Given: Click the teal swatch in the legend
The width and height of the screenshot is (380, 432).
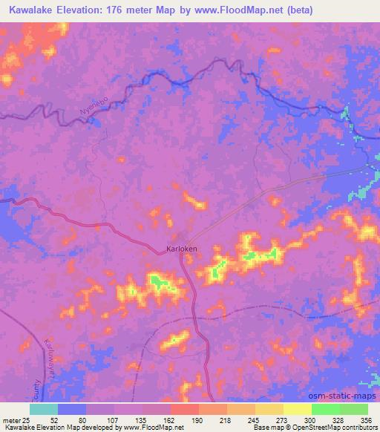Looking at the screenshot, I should (x=44, y=409).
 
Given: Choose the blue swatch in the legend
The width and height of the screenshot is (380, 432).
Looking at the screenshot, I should (x=72, y=409).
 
